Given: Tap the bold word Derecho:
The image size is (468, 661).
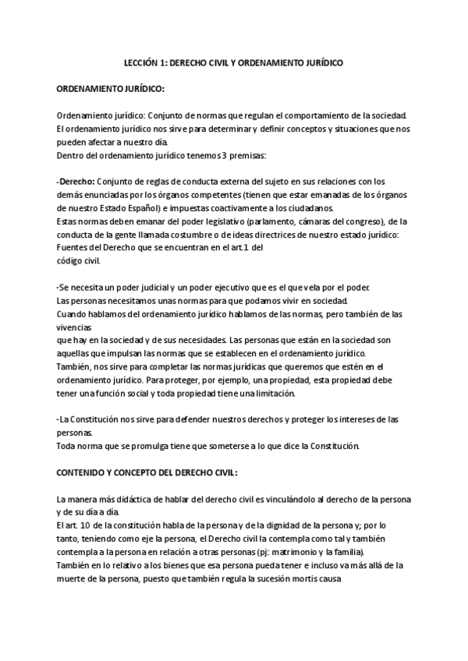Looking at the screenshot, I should tap(76, 182).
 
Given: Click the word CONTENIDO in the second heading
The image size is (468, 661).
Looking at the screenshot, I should tap(83, 472).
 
